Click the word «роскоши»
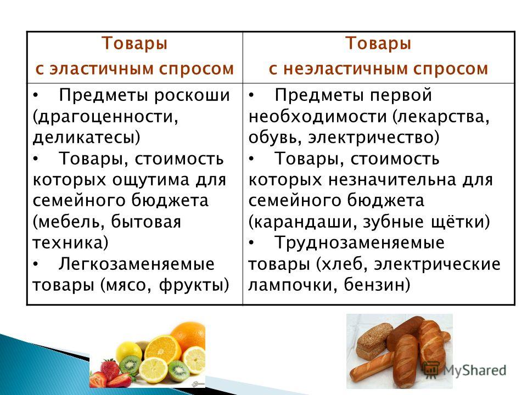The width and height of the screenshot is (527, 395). coord(192,95)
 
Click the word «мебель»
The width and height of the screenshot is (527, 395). coord(71,222)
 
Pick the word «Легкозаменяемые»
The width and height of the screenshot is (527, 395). coord(137,264)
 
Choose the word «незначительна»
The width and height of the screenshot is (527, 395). coord(392,180)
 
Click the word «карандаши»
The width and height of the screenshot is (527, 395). coord(301,222)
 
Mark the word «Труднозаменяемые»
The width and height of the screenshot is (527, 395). coord(360,243)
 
